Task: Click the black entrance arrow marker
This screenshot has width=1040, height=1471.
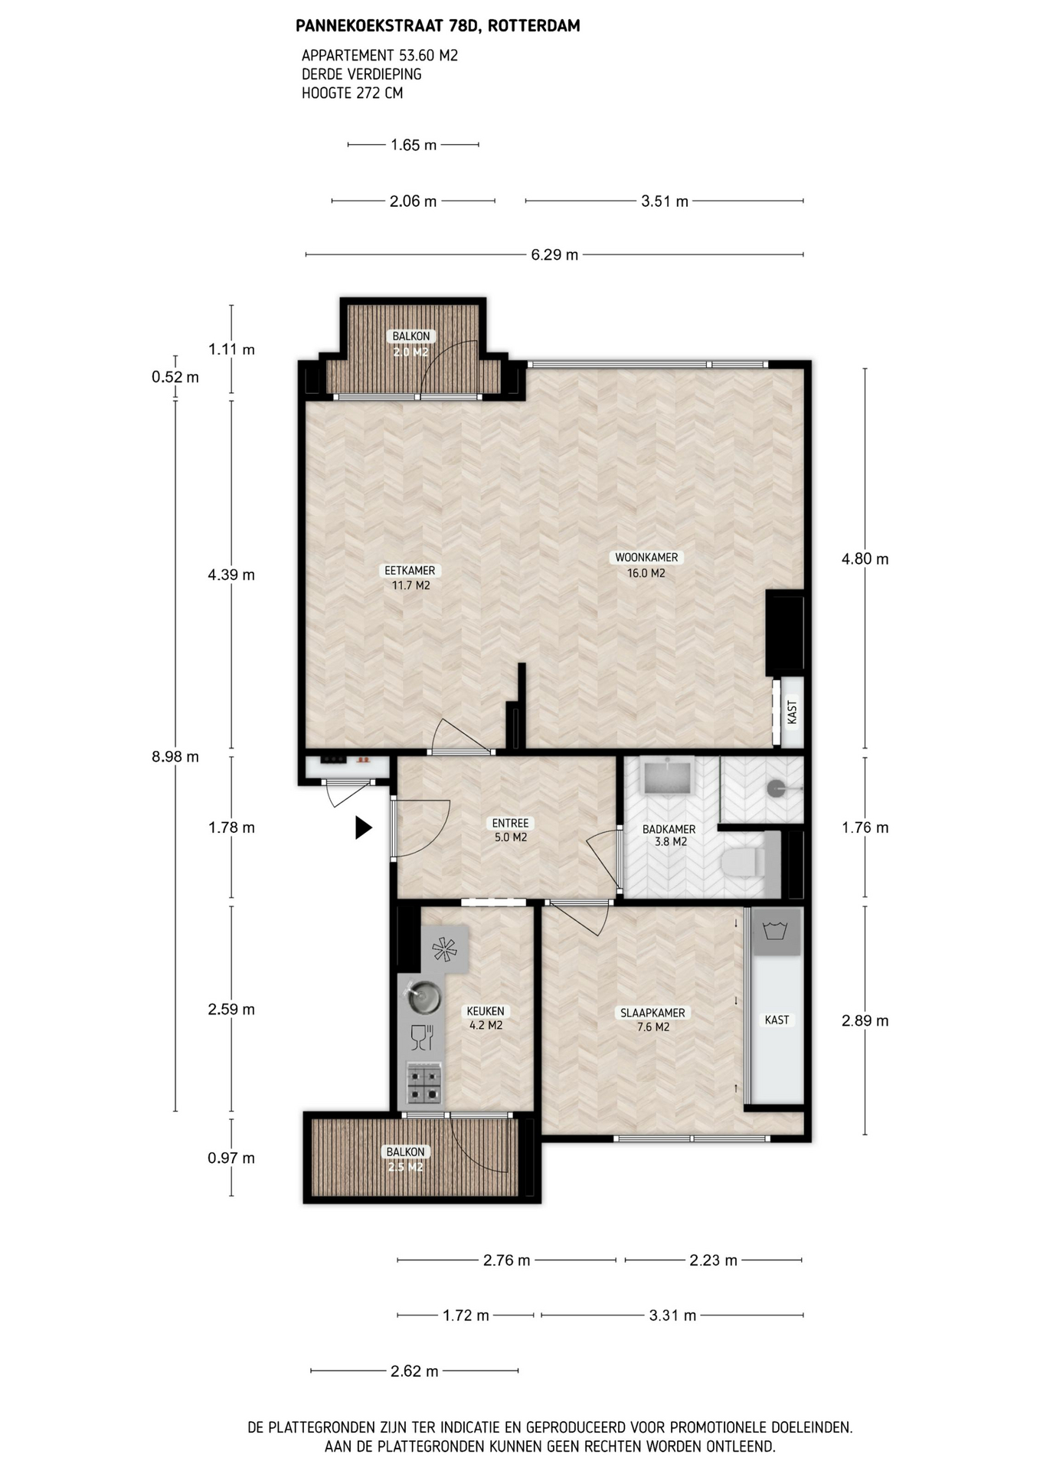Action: pos(363,827)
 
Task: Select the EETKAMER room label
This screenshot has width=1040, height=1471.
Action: pos(410,571)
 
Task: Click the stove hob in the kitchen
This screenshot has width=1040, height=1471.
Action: pos(424,1083)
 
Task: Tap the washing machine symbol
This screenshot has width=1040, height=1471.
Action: pos(777,932)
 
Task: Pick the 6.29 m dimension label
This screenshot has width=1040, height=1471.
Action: pos(554,254)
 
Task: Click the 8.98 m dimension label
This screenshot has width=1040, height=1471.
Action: pos(175,757)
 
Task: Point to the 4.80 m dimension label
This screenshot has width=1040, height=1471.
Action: pos(865,559)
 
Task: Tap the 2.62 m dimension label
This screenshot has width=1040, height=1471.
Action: pos(414,1371)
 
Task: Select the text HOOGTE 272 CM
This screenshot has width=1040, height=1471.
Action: pos(352,93)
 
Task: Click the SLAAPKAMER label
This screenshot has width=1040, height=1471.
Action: pos(652,1013)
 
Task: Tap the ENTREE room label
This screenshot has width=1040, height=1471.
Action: pos(510,824)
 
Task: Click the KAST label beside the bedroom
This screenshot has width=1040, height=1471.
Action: pos(777,1020)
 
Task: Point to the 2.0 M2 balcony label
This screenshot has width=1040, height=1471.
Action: pos(410,352)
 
